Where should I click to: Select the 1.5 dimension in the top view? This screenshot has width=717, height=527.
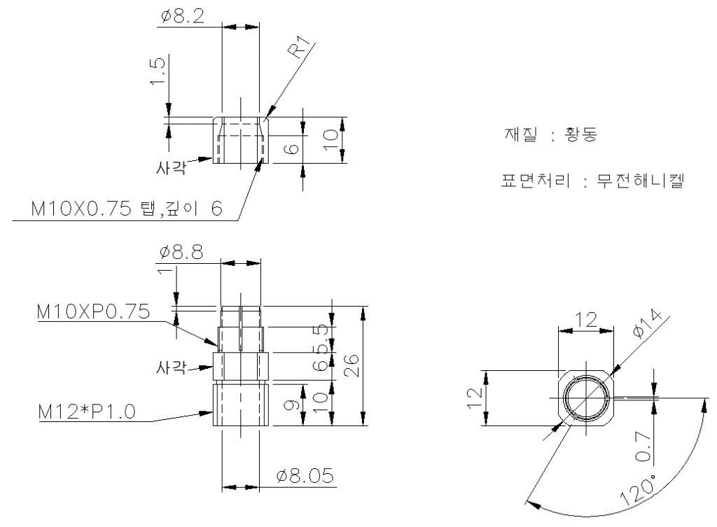point(159,71)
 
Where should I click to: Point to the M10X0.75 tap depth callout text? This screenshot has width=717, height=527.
point(127,209)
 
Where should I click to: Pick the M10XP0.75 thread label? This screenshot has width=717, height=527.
point(93,311)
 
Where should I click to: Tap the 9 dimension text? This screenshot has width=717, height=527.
point(295,404)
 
